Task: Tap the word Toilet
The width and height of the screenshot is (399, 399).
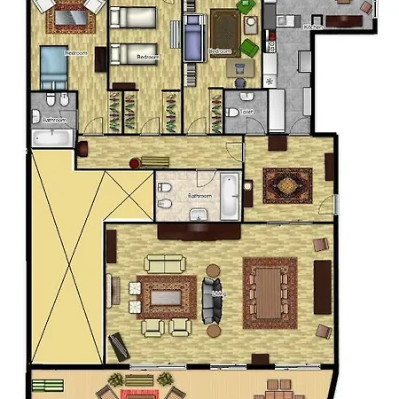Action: point(246,112)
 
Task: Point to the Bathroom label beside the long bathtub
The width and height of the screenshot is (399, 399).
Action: point(199,196)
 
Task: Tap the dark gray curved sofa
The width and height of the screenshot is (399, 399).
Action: point(209,300)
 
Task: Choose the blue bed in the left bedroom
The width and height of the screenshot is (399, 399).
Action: point(52,64)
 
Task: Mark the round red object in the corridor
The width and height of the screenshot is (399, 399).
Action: point(134,162)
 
